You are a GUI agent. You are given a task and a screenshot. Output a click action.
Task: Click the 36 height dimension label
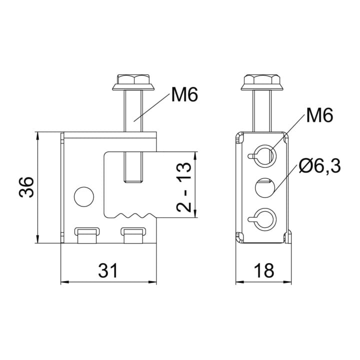pyautogui.click(x=26, y=187)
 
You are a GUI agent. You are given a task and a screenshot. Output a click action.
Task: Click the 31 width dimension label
pyautogui.click(x=108, y=270)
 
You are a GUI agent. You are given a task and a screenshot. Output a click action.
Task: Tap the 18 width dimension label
pyautogui.click(x=264, y=270)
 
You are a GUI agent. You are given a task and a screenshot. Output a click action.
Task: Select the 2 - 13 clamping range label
pyautogui.click(x=184, y=187)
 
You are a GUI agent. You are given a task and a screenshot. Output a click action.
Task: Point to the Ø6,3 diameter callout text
pyautogui.click(x=320, y=166)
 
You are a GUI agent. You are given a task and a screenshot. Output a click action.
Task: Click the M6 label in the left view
pyautogui.click(x=184, y=94)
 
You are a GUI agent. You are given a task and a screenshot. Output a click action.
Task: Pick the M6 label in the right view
pyautogui.click(x=319, y=115)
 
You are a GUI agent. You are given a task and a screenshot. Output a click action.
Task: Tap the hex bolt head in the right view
pyautogui.click(x=262, y=82)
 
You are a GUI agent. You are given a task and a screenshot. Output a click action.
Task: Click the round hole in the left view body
pyautogui.click(x=84, y=196)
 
